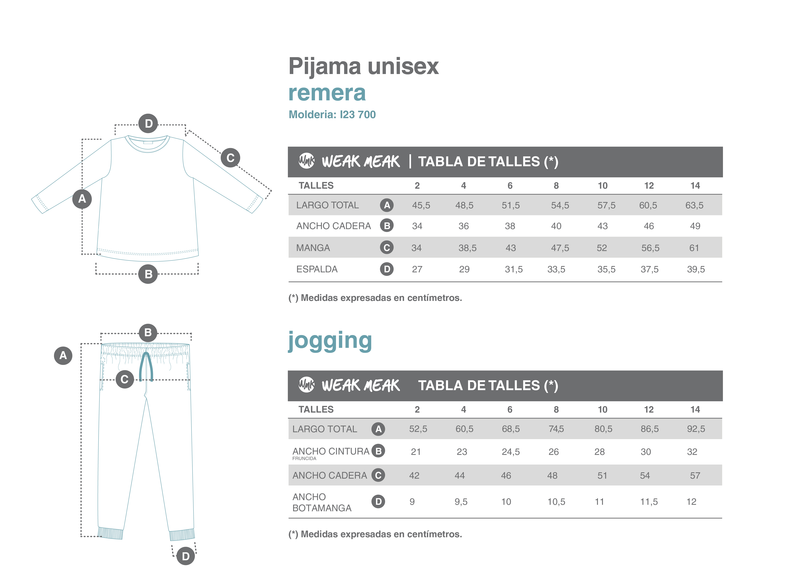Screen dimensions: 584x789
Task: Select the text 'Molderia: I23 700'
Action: (332, 114)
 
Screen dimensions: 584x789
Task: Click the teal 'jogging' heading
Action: (330, 340)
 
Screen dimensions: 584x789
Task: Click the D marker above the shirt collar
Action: (148, 123)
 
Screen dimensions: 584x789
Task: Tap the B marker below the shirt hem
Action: (148, 274)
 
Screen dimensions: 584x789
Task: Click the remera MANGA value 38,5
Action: (467, 248)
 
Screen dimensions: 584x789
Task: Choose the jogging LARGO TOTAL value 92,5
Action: (696, 429)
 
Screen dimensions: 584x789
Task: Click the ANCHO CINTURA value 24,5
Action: (510, 452)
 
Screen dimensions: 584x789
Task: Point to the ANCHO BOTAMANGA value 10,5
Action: (556, 502)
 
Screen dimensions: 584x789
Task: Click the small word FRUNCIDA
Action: (304, 459)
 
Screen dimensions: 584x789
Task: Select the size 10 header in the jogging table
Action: (602, 409)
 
